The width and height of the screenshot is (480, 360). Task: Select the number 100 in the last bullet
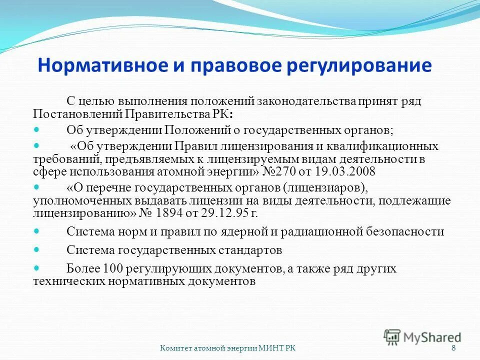pos(111,269)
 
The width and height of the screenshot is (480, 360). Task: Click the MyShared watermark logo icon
pos(392,336)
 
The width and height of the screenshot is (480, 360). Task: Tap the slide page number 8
pos(453,348)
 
